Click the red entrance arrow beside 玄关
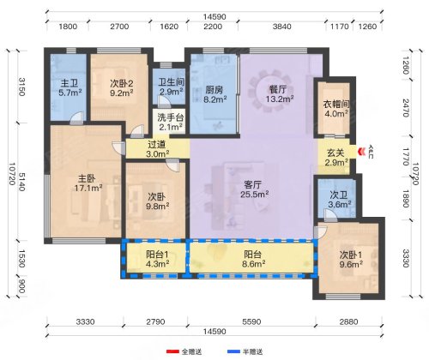[363, 151]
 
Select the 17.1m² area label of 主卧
[88, 188]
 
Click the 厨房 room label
[214, 90]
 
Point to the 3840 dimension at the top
[281, 27]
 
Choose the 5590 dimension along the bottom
[251, 322]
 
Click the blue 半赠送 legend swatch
[233, 351]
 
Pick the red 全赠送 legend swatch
[173, 351]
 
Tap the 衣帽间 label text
[336, 104]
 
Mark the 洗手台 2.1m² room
[170, 122]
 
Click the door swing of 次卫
[330, 215]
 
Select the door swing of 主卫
[77, 118]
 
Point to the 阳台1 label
[157, 254]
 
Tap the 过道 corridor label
[156, 144]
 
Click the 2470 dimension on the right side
[406, 108]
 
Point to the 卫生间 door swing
[164, 102]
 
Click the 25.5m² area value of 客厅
[254, 195]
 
